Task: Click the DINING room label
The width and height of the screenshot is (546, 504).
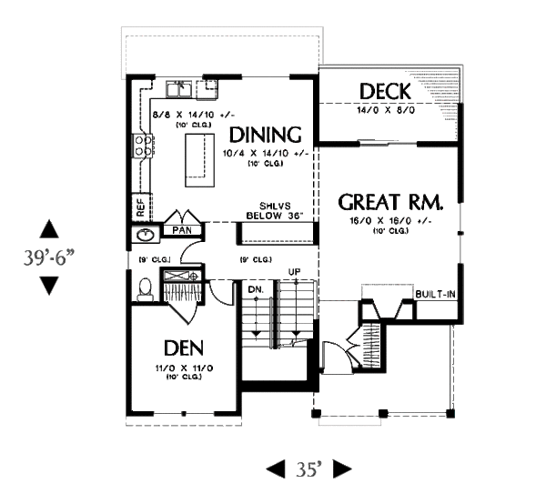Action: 266,135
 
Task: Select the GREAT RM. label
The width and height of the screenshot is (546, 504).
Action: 391,201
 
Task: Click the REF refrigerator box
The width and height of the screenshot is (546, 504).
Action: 141,207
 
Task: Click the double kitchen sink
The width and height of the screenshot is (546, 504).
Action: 182,88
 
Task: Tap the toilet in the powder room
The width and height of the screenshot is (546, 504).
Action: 144,288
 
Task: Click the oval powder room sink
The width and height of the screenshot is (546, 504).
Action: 144,236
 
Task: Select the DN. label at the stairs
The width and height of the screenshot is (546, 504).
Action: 256,289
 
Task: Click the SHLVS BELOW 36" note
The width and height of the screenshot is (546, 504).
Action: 274,210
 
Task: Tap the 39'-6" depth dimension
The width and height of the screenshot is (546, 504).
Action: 49,257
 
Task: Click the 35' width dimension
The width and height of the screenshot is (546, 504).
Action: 308,469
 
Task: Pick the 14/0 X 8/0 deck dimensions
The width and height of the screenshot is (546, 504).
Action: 387,109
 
